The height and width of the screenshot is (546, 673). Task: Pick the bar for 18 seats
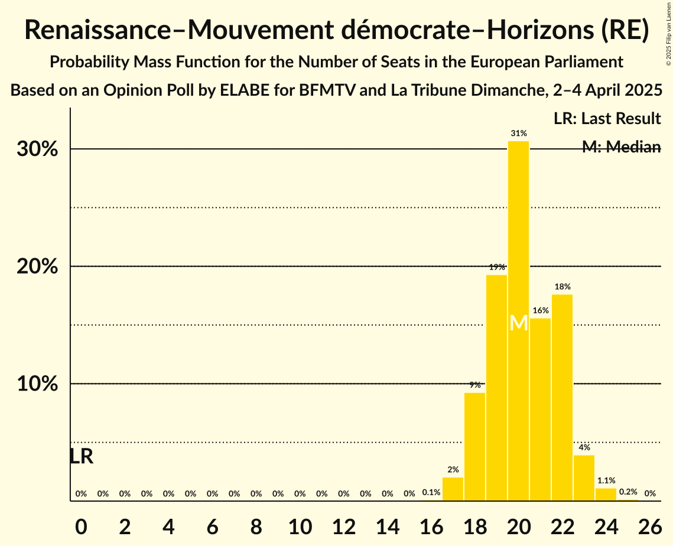(x=474, y=447)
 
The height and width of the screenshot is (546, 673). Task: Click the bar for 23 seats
(x=584, y=478)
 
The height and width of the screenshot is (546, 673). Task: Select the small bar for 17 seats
(x=453, y=489)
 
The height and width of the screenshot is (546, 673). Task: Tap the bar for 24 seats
(x=606, y=495)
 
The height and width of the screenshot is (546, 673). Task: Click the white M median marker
(x=518, y=323)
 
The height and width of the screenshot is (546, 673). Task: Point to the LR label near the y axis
(x=82, y=456)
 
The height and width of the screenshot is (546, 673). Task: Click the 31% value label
(x=518, y=134)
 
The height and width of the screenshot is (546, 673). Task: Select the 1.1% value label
(x=606, y=480)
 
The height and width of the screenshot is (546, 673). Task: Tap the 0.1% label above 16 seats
(x=431, y=492)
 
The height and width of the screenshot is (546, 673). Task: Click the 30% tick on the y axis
(x=37, y=149)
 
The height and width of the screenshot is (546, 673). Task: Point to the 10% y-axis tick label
(x=37, y=384)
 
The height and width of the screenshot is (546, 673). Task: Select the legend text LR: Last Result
(x=607, y=119)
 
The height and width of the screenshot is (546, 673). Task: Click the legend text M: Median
(x=621, y=147)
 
